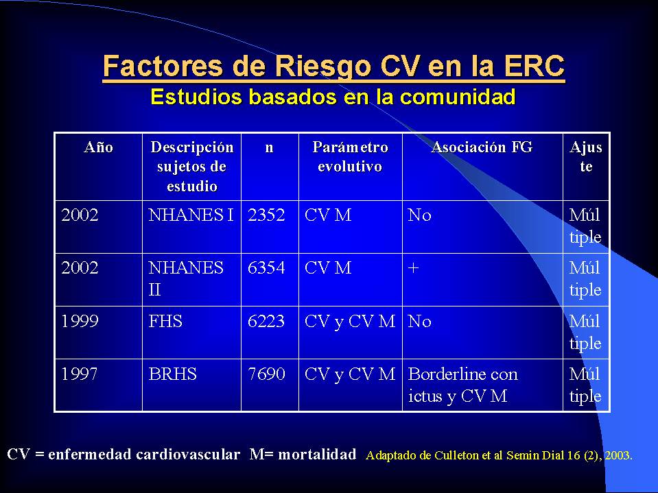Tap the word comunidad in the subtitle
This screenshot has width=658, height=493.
tap(458, 97)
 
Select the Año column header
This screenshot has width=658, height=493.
tap(99, 147)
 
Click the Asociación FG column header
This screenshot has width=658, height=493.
tap(482, 147)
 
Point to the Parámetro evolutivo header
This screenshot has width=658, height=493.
tap(350, 157)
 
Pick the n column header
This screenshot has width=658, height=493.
tap(270, 147)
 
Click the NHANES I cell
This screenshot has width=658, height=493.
tap(191, 215)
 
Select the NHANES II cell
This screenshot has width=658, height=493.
tap(186, 278)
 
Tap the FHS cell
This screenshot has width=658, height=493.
tap(165, 321)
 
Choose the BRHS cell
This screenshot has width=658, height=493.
tap(172, 374)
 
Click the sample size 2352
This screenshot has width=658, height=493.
tap(266, 215)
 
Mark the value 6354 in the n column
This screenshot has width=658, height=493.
tap(266, 267)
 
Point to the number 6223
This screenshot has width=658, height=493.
tap(266, 321)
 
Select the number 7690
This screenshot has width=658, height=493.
tap(266, 374)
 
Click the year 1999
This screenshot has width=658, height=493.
tap(80, 321)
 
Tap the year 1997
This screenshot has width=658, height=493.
tap(80, 374)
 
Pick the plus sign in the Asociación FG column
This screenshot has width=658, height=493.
tap(413, 268)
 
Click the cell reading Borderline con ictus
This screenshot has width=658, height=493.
tap(463, 385)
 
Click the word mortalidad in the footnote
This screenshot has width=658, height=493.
tap(317, 454)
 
